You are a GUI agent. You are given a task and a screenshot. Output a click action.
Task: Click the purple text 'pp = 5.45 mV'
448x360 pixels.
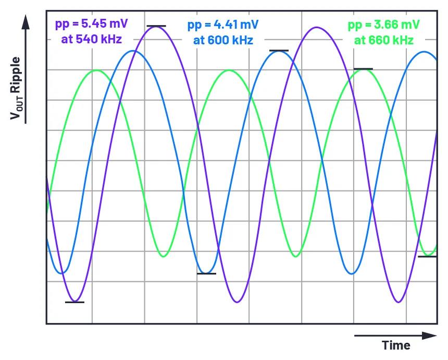coord(91,24)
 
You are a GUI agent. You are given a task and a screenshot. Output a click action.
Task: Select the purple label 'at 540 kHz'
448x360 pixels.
coord(92,39)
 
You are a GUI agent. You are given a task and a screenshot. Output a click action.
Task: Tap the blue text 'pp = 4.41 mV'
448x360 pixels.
coord(223,25)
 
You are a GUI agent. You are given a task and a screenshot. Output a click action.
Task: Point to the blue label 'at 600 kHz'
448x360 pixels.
coord(223,40)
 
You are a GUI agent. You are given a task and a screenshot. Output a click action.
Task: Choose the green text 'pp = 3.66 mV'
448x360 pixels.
coord(384,25)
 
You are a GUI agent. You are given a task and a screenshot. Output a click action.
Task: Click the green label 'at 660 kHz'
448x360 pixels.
coord(384,40)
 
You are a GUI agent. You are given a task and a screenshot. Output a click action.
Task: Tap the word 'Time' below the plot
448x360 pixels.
coord(396,345)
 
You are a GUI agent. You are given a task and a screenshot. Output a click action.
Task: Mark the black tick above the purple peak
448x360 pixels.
coord(156,26)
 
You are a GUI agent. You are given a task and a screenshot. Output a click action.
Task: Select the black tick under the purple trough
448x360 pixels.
coord(74,302)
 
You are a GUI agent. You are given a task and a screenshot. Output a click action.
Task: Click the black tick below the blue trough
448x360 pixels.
coord(206,273)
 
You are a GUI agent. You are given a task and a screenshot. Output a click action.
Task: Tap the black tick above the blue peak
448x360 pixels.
coord(279,51)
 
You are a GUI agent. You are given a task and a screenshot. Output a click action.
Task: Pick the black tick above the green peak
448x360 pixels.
coord(363,68)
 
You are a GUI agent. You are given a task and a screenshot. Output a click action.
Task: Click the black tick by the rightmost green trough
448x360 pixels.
coord(427,257)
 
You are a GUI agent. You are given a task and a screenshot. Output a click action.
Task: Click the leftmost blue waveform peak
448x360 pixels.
coord(134,51)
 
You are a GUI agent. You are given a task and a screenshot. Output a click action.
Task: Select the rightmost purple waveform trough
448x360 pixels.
coord(399,302)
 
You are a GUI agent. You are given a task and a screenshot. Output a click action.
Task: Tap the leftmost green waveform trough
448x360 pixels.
coord(164,257)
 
